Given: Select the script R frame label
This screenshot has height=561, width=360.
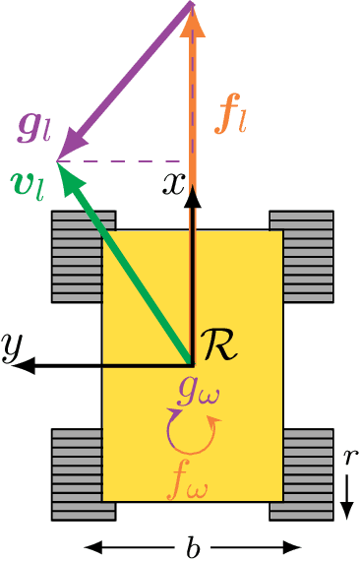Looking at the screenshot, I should coord(224,345).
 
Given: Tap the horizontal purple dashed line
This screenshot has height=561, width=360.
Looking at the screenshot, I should coord(123,161).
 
